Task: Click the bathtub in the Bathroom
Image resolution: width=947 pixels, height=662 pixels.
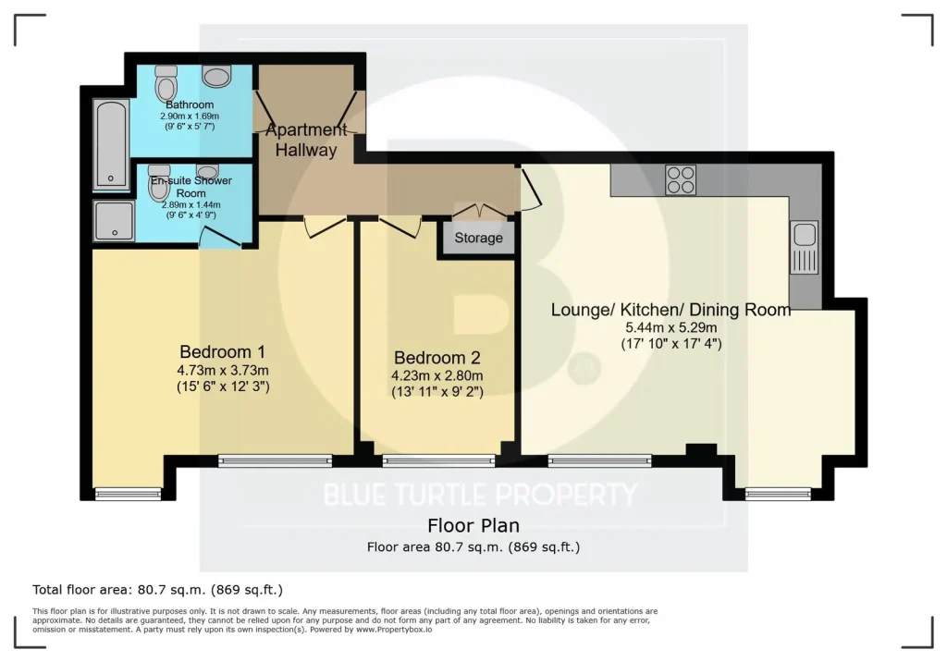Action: point(112,143)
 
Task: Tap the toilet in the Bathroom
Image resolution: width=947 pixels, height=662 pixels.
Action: point(166,83)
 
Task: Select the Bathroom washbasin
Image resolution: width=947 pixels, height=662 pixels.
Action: point(217,76)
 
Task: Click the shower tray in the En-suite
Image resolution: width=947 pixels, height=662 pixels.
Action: point(114,221)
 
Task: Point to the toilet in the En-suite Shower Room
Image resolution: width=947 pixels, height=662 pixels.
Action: point(159,182)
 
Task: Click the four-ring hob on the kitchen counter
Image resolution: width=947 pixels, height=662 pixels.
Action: point(681,180)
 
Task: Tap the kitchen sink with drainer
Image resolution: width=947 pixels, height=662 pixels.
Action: point(805,247)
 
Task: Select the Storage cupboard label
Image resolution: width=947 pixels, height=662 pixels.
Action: point(478,238)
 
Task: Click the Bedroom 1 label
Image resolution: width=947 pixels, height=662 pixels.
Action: point(222,351)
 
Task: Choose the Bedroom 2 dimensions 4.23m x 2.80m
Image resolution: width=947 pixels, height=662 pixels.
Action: point(437,375)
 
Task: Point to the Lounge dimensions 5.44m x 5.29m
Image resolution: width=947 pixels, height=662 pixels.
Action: point(671,328)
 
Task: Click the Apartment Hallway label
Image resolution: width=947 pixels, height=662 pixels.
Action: point(306,140)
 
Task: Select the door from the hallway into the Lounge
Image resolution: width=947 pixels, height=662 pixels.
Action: point(531,190)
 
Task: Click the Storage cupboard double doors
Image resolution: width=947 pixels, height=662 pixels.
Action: point(480,211)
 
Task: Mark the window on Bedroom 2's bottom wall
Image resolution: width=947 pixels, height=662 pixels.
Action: point(439,460)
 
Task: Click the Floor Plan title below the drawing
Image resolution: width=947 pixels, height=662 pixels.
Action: point(473,525)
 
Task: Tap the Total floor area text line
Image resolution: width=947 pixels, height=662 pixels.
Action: point(157,590)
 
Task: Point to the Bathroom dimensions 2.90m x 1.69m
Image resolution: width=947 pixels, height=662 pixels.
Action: point(190,116)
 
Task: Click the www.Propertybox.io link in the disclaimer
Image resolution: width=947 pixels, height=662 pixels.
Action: point(394,630)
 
